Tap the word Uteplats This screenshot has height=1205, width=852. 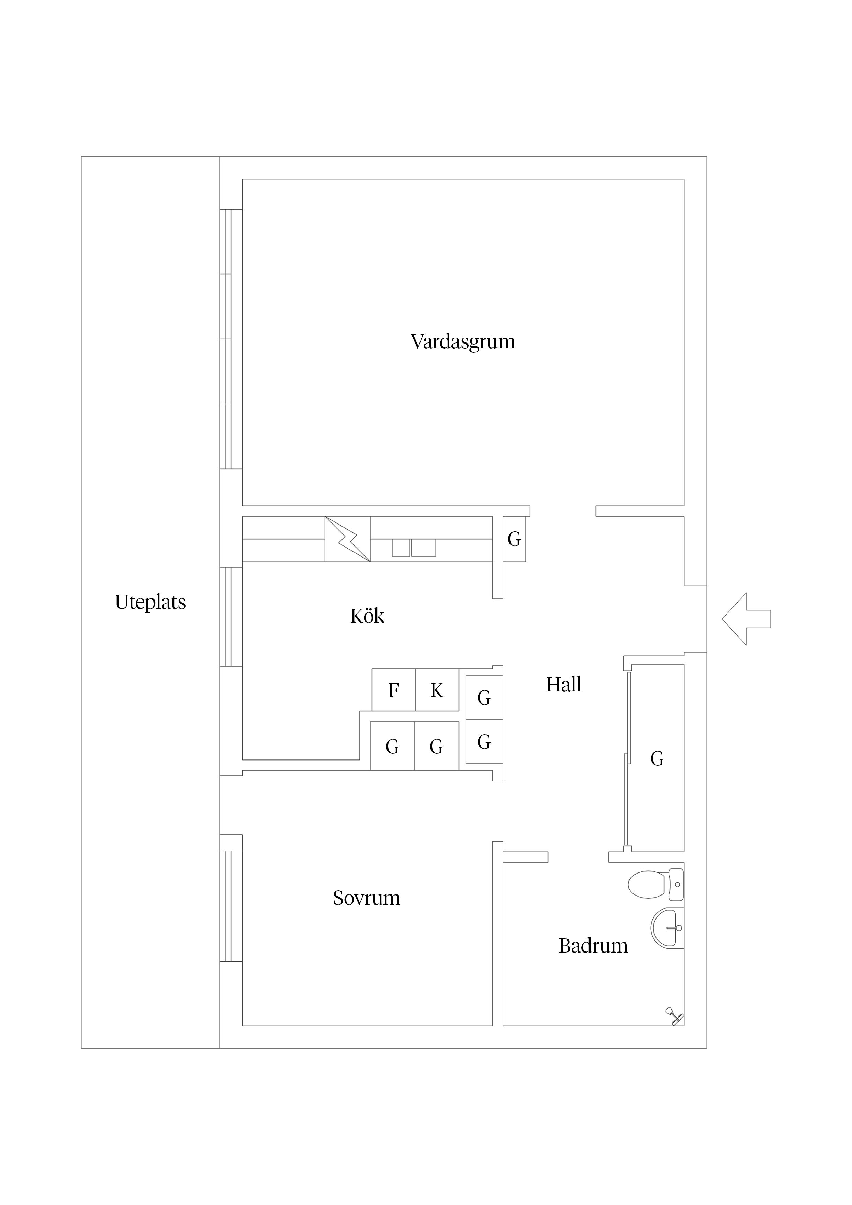point(150,602)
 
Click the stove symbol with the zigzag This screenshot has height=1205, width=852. point(348,539)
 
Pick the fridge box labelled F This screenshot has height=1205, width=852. point(393,690)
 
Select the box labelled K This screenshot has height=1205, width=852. point(437,690)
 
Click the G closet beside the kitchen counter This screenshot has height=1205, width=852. point(514,539)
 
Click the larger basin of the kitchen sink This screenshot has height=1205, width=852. point(423,548)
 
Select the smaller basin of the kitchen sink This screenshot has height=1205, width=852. point(401,548)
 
